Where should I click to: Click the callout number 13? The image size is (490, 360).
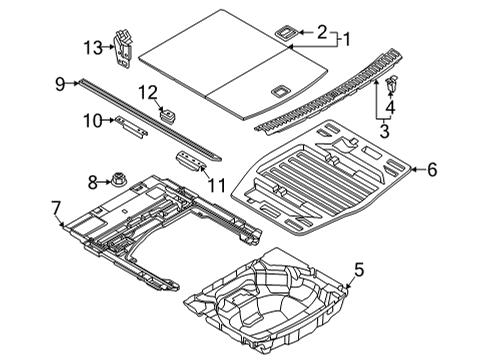[92, 48]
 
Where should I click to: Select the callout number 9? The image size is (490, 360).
[60, 84]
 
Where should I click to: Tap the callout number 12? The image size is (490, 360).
[148, 92]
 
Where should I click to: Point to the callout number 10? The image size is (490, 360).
[92, 121]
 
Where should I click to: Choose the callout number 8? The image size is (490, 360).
[93, 182]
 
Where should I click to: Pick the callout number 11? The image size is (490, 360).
[217, 185]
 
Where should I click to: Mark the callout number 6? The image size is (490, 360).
[432, 170]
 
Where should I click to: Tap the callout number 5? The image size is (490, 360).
[359, 270]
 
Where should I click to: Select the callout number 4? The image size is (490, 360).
[390, 108]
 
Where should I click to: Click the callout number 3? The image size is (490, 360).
[384, 131]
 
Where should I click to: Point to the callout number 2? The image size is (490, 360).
[322, 32]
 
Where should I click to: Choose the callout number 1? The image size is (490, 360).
[347, 40]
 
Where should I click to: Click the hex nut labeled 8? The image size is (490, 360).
[117, 180]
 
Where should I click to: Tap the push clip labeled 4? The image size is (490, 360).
[391, 84]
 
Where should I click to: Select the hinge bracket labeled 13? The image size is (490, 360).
[123, 49]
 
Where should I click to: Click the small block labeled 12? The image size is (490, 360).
[168, 115]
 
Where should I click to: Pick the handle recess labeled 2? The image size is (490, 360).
[285, 32]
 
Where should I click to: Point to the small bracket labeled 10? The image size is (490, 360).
[131, 127]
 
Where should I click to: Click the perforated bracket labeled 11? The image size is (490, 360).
[190, 161]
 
